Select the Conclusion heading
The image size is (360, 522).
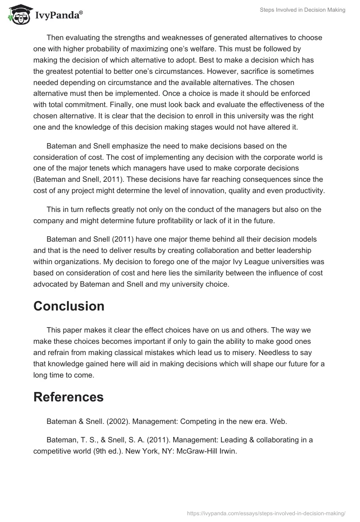[69, 306]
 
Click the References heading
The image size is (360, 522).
[68, 397]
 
